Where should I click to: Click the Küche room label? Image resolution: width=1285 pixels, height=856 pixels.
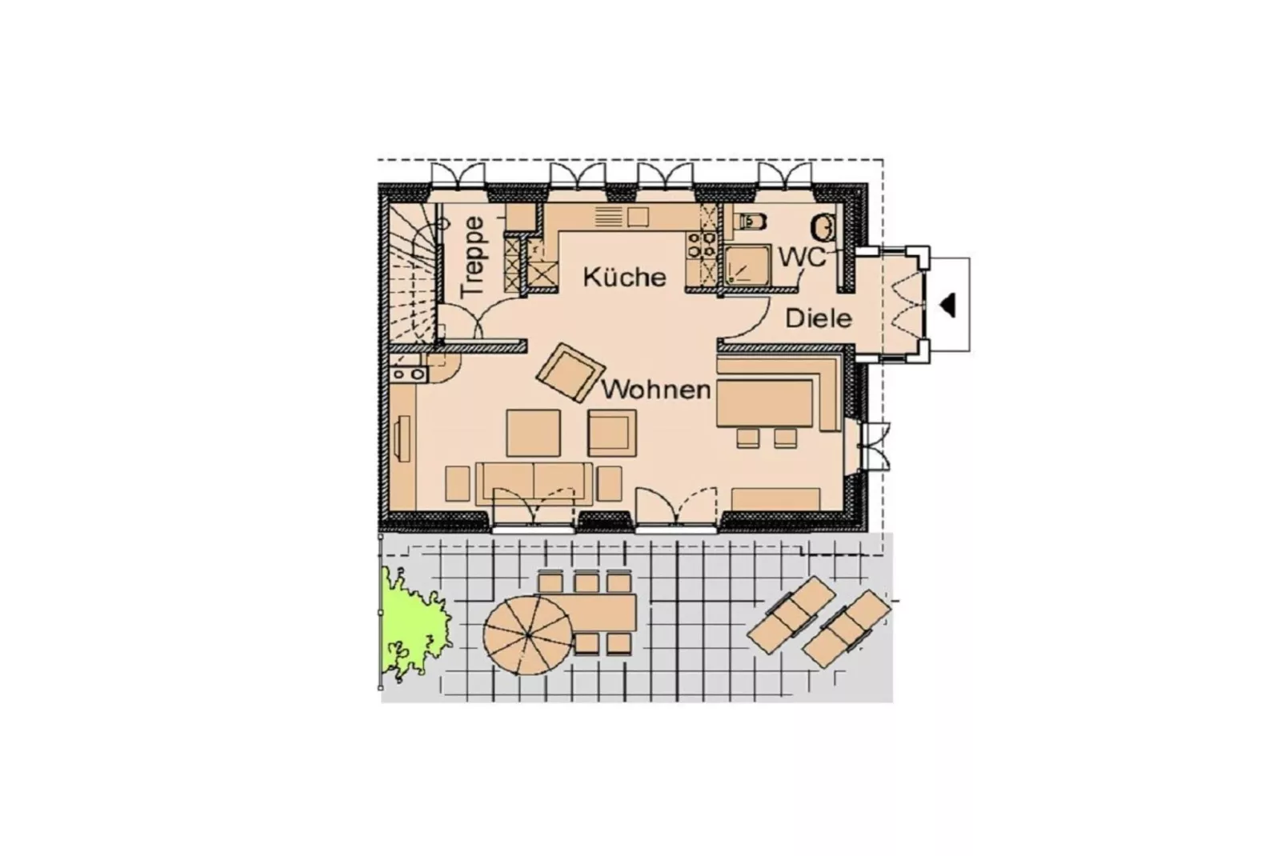click(624, 277)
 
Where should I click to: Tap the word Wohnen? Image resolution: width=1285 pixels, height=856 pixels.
click(656, 390)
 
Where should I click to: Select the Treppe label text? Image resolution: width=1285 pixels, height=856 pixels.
click(474, 256)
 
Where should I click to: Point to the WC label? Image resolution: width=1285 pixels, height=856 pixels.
click(803, 258)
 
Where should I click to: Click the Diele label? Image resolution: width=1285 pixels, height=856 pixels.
click(818, 318)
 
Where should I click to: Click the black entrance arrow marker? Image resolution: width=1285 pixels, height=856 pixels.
click(948, 305)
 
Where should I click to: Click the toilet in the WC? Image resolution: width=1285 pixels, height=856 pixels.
click(751, 220)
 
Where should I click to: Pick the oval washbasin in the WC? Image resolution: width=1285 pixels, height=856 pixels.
click(824, 227)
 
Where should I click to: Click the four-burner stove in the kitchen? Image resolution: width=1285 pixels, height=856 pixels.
click(702, 245)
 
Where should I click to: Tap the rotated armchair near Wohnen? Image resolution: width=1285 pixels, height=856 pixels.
click(569, 372)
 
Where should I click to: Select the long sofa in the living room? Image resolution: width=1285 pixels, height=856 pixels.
click(534, 482)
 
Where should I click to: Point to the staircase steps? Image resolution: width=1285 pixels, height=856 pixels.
click(412, 276)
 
